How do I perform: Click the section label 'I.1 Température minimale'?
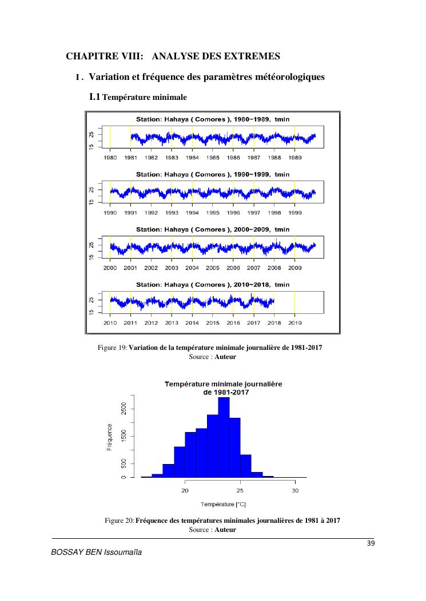pos(138,98)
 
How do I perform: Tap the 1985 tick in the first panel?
pos(213,158)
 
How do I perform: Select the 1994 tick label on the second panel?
pos(192,212)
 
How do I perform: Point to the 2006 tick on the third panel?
pos(233,268)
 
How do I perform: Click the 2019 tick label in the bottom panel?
pos(294,323)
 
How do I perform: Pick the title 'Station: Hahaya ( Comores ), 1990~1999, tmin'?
pos(213,174)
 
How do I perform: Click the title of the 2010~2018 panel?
pos(213,284)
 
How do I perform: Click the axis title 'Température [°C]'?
pos(224,504)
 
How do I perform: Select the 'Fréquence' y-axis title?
pos(110,437)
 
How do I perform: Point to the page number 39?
pos(370,543)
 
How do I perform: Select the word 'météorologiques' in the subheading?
pos(286,76)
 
